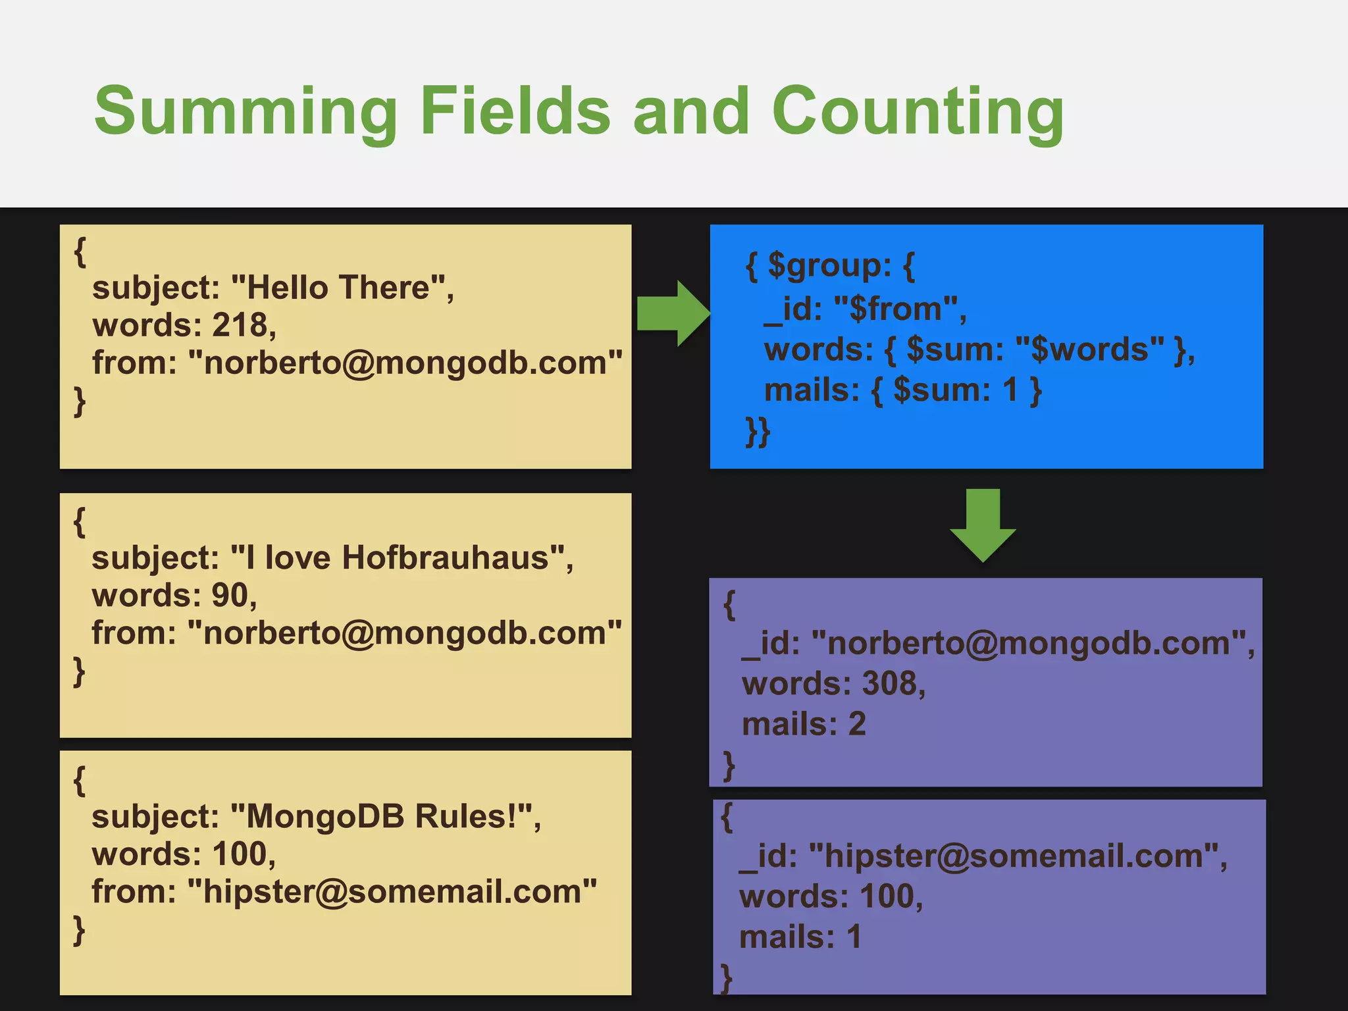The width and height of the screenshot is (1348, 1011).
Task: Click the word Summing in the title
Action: pos(246,112)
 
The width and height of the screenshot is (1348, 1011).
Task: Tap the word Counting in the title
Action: pos(918,112)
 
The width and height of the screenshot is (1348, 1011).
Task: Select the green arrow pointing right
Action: pos(673,313)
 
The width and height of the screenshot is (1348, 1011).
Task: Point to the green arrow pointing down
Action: pos(983,525)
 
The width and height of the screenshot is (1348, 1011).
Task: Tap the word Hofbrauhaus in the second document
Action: pos(445,557)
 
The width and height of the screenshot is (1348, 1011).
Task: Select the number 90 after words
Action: pos(230,595)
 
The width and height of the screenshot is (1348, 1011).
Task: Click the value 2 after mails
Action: pos(857,724)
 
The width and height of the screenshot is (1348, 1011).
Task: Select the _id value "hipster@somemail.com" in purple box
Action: pos(1014,856)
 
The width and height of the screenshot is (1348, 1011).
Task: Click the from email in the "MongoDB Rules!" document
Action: pos(392,891)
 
